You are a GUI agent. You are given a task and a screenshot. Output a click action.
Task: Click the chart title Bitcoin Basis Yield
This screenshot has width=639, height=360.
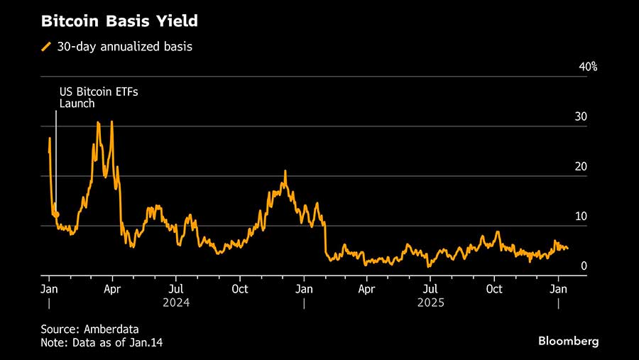pos(119,21)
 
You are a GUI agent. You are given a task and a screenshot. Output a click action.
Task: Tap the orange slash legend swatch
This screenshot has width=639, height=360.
pos(47,47)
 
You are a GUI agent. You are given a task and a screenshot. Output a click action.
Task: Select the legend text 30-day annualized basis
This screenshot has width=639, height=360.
pos(125,47)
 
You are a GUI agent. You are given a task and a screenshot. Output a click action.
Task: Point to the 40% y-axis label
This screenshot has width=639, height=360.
pos(589,67)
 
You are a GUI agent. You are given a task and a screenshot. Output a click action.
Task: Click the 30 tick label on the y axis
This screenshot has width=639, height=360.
pos(581,116)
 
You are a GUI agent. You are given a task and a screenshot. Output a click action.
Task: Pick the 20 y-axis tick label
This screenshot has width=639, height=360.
pos(581,166)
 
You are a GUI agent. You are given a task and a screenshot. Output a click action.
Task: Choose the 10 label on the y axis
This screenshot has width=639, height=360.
pos(581,216)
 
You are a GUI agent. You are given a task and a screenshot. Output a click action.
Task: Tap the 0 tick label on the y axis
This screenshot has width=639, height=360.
pos(584,266)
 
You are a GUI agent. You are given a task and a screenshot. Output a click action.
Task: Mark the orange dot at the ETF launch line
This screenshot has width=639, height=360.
pos(56,214)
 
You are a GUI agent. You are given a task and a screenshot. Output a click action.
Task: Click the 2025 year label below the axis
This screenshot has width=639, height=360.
pos(431,303)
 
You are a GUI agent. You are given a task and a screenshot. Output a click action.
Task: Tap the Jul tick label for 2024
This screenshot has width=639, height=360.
pos(176,289)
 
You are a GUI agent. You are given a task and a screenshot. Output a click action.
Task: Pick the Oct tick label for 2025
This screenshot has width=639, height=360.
pos(494,289)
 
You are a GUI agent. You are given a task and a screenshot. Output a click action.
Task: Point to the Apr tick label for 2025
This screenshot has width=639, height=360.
pos(367,289)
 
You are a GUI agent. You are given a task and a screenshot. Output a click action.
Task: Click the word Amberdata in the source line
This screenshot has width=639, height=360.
pos(109,329)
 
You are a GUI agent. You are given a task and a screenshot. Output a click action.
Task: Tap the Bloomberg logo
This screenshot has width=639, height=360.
pos(568,342)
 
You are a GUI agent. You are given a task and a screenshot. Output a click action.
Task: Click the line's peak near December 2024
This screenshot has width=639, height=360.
pos(285,171)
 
